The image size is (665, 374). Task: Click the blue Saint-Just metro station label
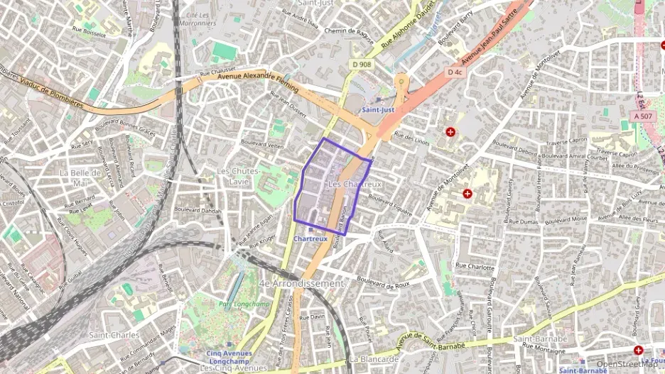[x=377, y=110]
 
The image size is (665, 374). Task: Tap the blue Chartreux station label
[x=310, y=239]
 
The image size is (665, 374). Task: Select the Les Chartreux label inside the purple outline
[x=355, y=185]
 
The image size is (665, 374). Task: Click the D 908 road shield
[x=361, y=65]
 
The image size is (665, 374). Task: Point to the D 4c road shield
[x=455, y=72]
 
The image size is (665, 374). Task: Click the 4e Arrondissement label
[x=302, y=283]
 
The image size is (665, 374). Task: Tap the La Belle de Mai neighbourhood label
[x=80, y=178]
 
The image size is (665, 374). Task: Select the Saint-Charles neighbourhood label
[x=112, y=334]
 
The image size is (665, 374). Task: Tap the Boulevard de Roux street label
[x=384, y=285]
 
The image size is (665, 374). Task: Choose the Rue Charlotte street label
[x=475, y=267]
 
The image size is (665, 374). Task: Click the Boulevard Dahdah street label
[x=198, y=211]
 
